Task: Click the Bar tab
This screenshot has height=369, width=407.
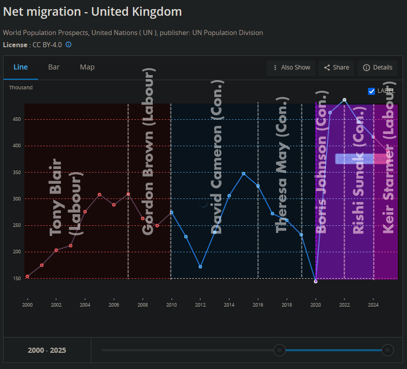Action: coord(54,67)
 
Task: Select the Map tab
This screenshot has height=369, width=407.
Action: coord(87,67)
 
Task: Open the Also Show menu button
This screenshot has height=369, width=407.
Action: coord(291,68)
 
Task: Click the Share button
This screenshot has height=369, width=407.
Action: coord(336,68)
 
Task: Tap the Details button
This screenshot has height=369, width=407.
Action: coord(378,68)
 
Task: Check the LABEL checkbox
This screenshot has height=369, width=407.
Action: coord(372,91)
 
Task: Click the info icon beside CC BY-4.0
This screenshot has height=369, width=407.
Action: coord(69,45)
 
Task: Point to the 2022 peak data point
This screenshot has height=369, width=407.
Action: coord(345,100)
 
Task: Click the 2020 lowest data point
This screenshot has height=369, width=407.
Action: coord(316,281)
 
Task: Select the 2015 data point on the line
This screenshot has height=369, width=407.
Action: coord(244,174)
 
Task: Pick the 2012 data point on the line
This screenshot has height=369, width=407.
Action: coord(200,266)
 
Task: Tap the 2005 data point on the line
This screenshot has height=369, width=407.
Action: coord(99,194)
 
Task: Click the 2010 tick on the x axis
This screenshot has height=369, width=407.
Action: coord(172,305)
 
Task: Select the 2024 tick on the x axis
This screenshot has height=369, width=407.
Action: coord(373,305)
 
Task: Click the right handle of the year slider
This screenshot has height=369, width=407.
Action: coord(388,350)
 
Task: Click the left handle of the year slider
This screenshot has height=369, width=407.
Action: coord(279,350)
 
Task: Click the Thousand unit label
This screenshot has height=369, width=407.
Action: coord(21,88)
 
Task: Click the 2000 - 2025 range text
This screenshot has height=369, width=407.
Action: coord(47,350)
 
